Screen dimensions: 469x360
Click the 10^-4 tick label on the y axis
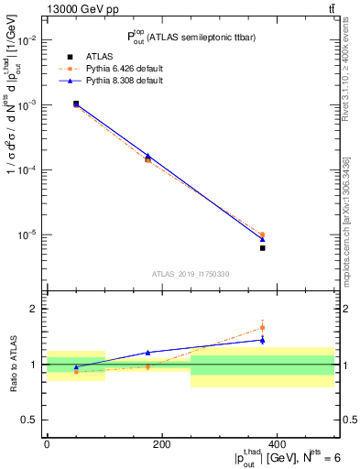[x=25, y=170]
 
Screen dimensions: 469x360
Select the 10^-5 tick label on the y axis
[x=25, y=235]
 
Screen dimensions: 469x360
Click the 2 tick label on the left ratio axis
[x=34, y=309]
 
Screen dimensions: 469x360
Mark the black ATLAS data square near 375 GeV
[x=262, y=248]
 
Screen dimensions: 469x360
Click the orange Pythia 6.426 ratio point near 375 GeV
[x=262, y=327]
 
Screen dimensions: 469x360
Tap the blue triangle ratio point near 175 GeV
[x=147, y=352]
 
